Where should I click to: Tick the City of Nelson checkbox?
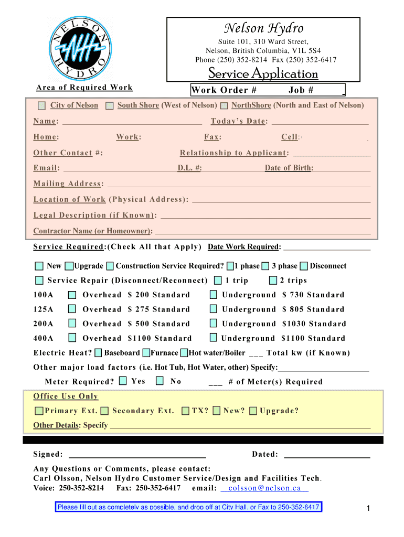click(42, 105)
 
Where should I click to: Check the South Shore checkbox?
click(109, 105)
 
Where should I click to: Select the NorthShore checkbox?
click(224, 105)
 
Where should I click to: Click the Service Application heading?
click(263, 73)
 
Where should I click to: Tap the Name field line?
click(132, 122)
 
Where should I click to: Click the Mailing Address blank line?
click(239, 184)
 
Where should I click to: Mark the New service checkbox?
click(39, 266)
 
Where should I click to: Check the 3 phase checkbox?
click(265, 266)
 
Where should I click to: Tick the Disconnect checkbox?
click(304, 266)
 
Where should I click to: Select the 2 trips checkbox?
click(273, 281)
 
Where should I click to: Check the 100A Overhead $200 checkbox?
click(72, 295)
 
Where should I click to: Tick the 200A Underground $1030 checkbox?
click(214, 324)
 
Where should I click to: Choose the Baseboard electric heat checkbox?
click(98, 353)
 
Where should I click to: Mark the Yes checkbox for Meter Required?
click(123, 381)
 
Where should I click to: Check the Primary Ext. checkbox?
click(39, 411)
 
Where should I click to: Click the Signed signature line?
click(137, 455)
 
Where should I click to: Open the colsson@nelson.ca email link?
click(264, 488)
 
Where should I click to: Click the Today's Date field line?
click(320, 122)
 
